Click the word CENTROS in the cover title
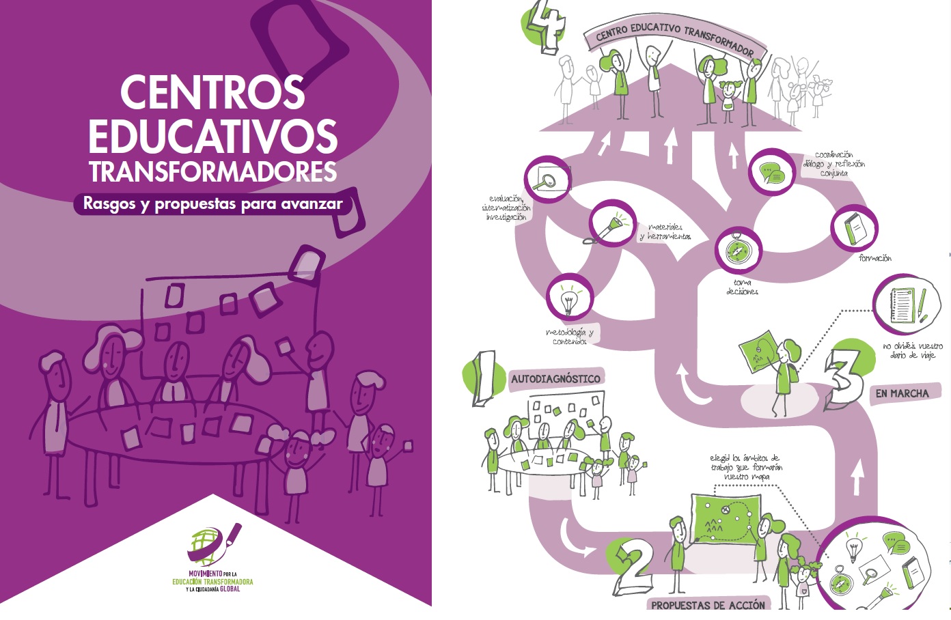[212, 92]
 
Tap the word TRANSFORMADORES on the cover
[212, 171]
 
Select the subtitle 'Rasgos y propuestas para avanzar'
[212, 203]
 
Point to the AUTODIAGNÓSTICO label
[555, 379]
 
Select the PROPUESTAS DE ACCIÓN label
[708, 605]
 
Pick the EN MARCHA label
[902, 393]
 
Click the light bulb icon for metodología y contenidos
[569, 298]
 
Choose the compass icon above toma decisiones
[738, 249]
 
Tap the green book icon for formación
[853, 229]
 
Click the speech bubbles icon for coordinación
[772, 171]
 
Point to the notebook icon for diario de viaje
[906, 304]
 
